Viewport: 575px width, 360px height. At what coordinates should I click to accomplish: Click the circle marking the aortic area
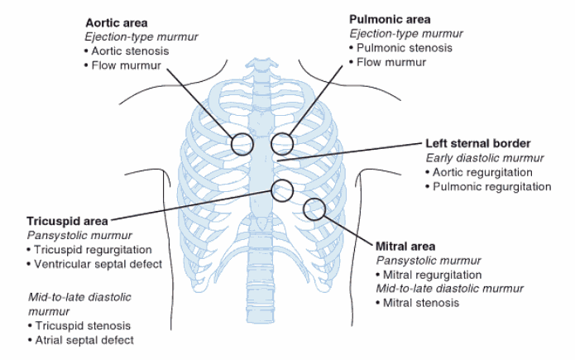tap(242, 144)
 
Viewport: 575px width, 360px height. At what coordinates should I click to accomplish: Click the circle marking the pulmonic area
tap(282, 144)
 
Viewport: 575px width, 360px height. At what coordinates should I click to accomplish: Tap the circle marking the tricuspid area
tap(282, 190)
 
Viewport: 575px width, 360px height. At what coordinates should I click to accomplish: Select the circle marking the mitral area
tap(314, 209)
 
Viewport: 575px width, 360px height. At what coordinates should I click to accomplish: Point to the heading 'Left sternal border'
tap(477, 142)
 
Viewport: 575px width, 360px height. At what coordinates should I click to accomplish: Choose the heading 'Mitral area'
tap(405, 246)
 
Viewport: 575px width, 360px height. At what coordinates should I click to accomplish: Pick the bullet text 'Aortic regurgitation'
tap(484, 172)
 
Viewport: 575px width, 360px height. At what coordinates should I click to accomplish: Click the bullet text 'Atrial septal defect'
tap(84, 340)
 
